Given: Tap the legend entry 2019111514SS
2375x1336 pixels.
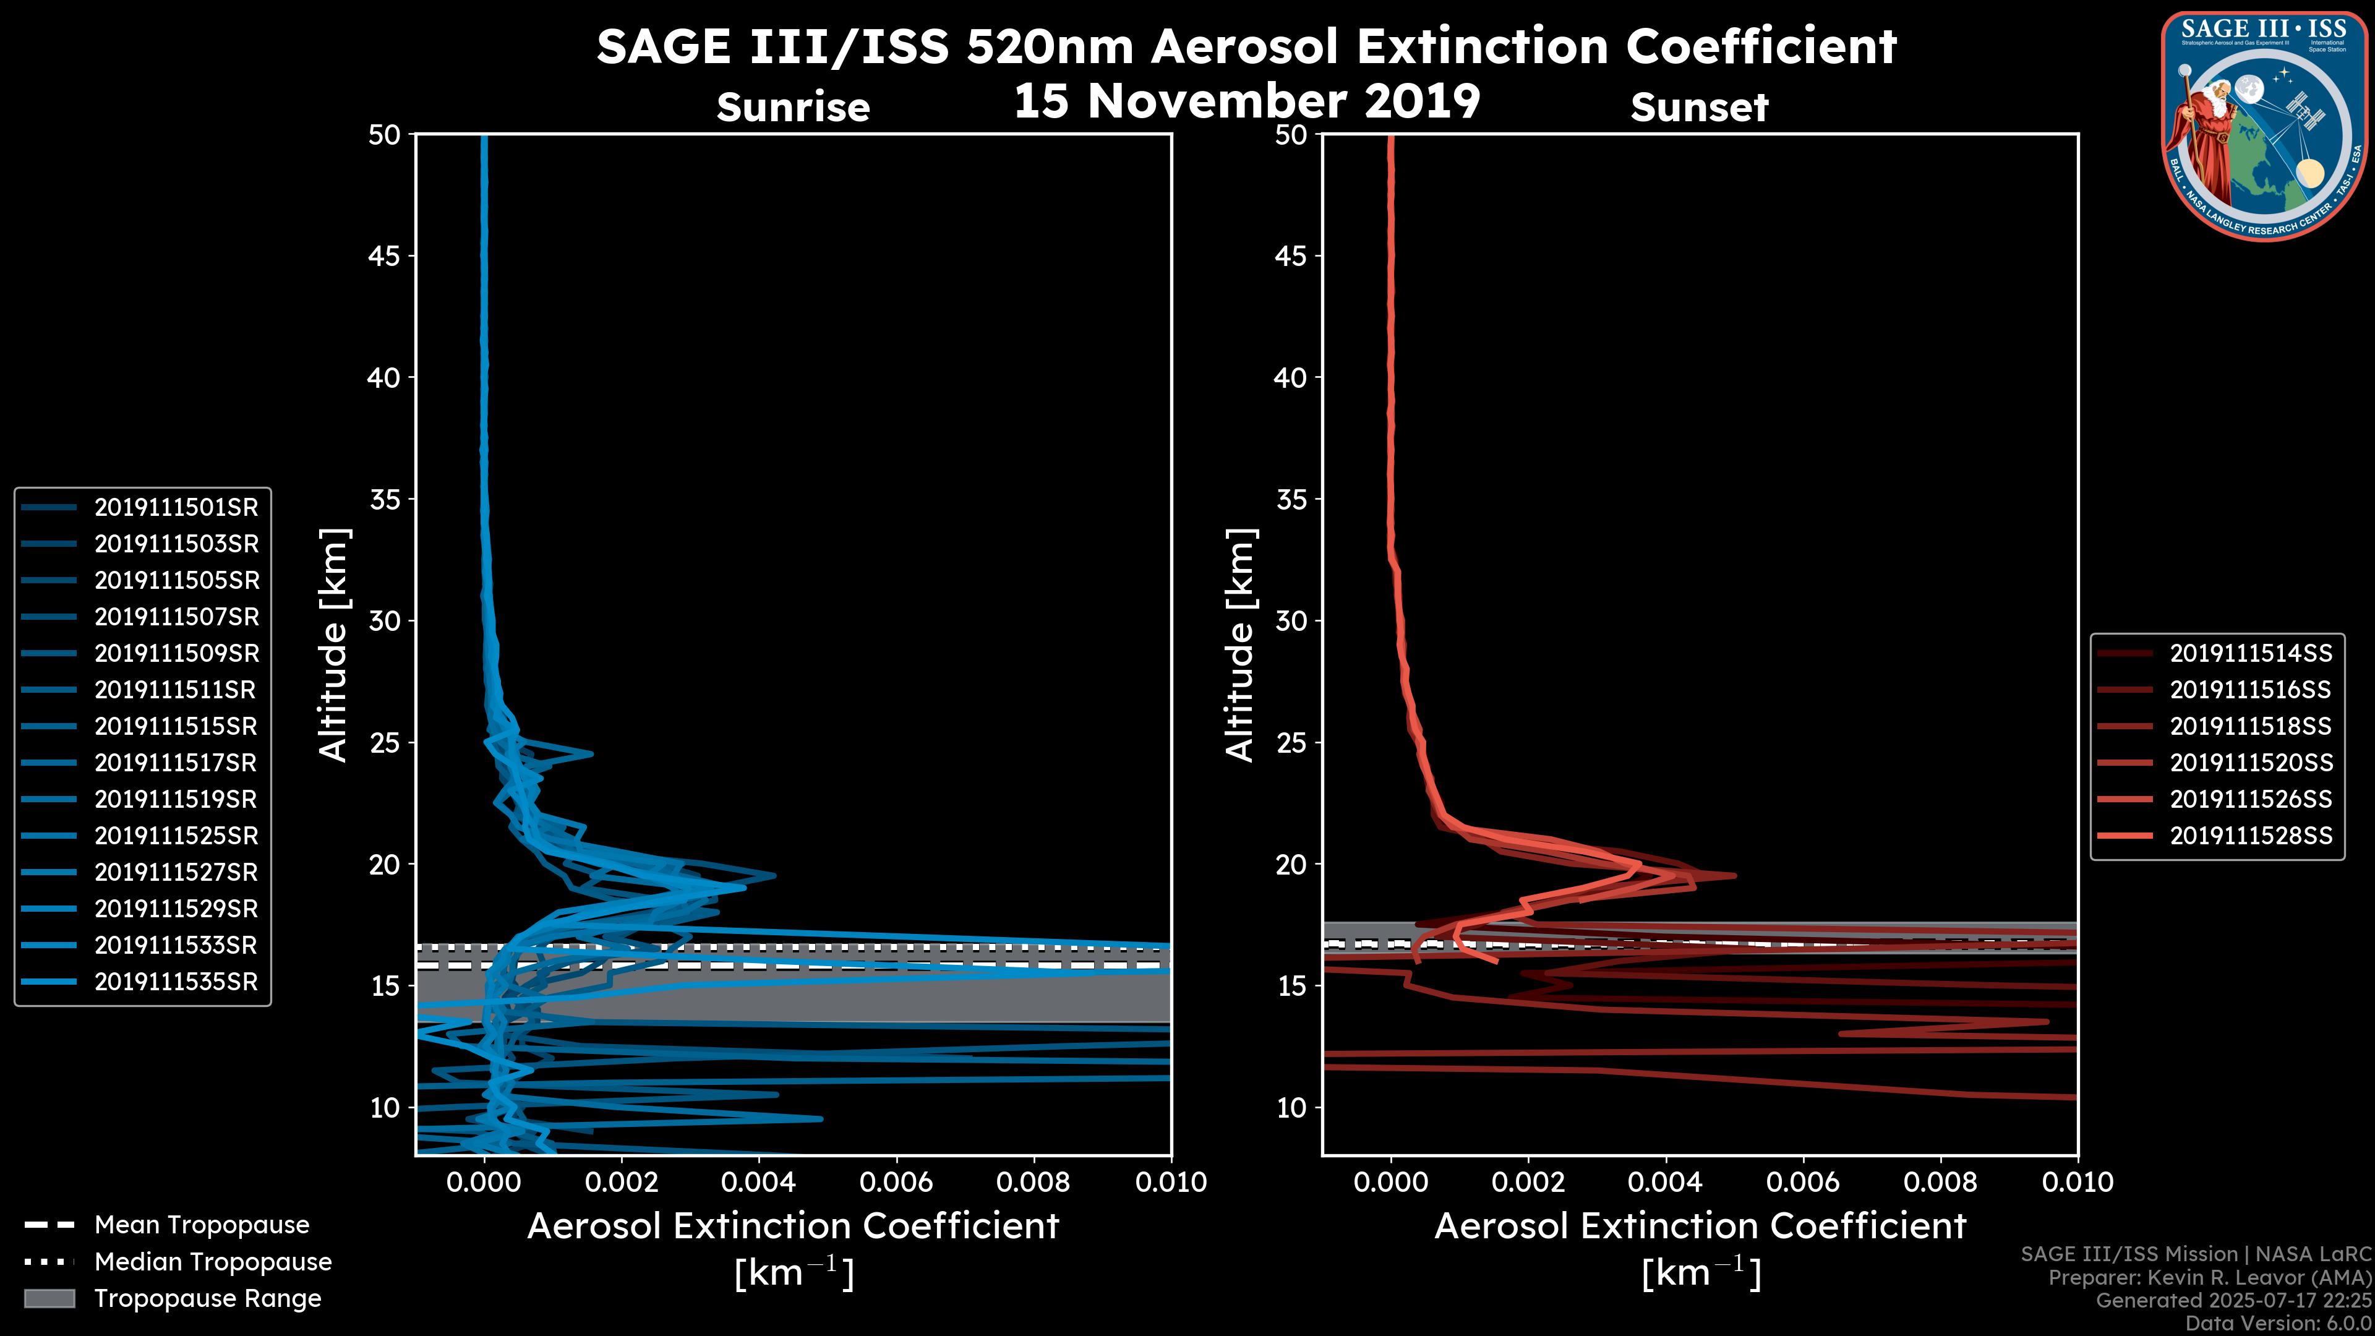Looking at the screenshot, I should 2251,654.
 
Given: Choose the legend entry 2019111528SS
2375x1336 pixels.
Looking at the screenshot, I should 2251,836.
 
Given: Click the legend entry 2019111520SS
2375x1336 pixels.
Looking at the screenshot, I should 2251,763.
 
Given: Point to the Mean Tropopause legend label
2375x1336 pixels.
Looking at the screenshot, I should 202,1225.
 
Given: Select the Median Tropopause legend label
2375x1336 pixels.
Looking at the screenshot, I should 213,1262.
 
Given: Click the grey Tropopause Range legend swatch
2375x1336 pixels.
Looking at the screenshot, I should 49,1299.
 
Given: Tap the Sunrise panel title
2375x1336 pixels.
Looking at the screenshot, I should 793,108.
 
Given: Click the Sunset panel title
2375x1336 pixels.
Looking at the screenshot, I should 1699,108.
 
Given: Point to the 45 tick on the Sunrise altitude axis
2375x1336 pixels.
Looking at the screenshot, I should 385,256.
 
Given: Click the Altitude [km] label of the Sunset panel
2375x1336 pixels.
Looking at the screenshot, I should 1241,645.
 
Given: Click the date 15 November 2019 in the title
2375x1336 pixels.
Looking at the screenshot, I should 1246,101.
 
